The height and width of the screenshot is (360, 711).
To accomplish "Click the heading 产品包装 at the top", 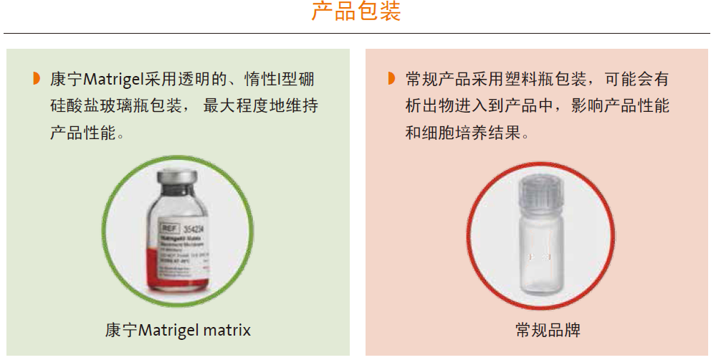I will tap(355, 12).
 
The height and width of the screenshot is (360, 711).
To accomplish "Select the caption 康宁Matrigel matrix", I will tap(178, 331).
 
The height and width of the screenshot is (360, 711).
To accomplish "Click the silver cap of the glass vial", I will tap(177, 179).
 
